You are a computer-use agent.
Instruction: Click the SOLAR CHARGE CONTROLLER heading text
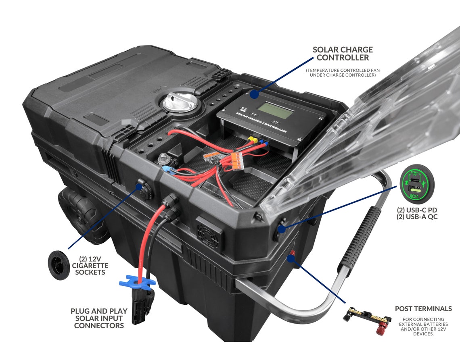point(343,54)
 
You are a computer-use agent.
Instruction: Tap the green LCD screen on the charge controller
point(276,110)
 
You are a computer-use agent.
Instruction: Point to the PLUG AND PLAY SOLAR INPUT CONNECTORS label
point(99,318)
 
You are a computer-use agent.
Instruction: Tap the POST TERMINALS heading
point(423,309)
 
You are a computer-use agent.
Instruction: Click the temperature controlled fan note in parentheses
point(343,73)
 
